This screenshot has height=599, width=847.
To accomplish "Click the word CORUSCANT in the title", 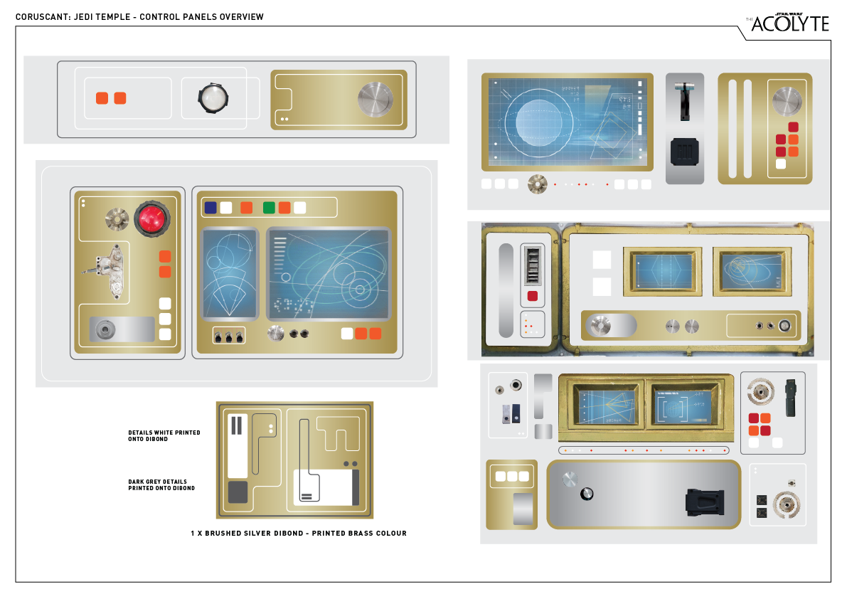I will [44, 17].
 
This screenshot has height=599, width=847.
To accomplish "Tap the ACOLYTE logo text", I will [789, 23].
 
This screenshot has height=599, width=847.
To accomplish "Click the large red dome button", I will [151, 217].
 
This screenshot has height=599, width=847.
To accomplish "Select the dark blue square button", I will [211, 208].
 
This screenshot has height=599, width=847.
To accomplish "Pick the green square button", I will [269, 208].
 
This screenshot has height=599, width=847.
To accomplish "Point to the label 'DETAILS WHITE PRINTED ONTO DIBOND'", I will [164, 435].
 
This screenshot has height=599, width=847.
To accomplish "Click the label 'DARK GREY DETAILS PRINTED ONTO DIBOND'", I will [161, 484].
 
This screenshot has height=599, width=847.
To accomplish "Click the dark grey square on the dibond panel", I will [238, 492].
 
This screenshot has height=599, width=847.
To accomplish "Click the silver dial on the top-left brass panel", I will [375, 99].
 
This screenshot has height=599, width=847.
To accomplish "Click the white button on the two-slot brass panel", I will [781, 164].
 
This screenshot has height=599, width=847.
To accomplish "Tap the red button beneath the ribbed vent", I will [532, 296].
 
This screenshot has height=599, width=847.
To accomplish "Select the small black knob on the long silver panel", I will [587, 494].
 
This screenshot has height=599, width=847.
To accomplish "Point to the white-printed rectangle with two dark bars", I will [238, 445].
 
